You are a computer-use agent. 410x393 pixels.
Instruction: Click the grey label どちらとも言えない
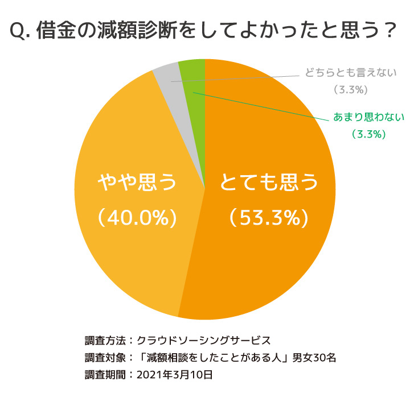[x=350, y=73]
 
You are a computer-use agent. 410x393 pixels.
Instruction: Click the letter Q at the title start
[x=18, y=31]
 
